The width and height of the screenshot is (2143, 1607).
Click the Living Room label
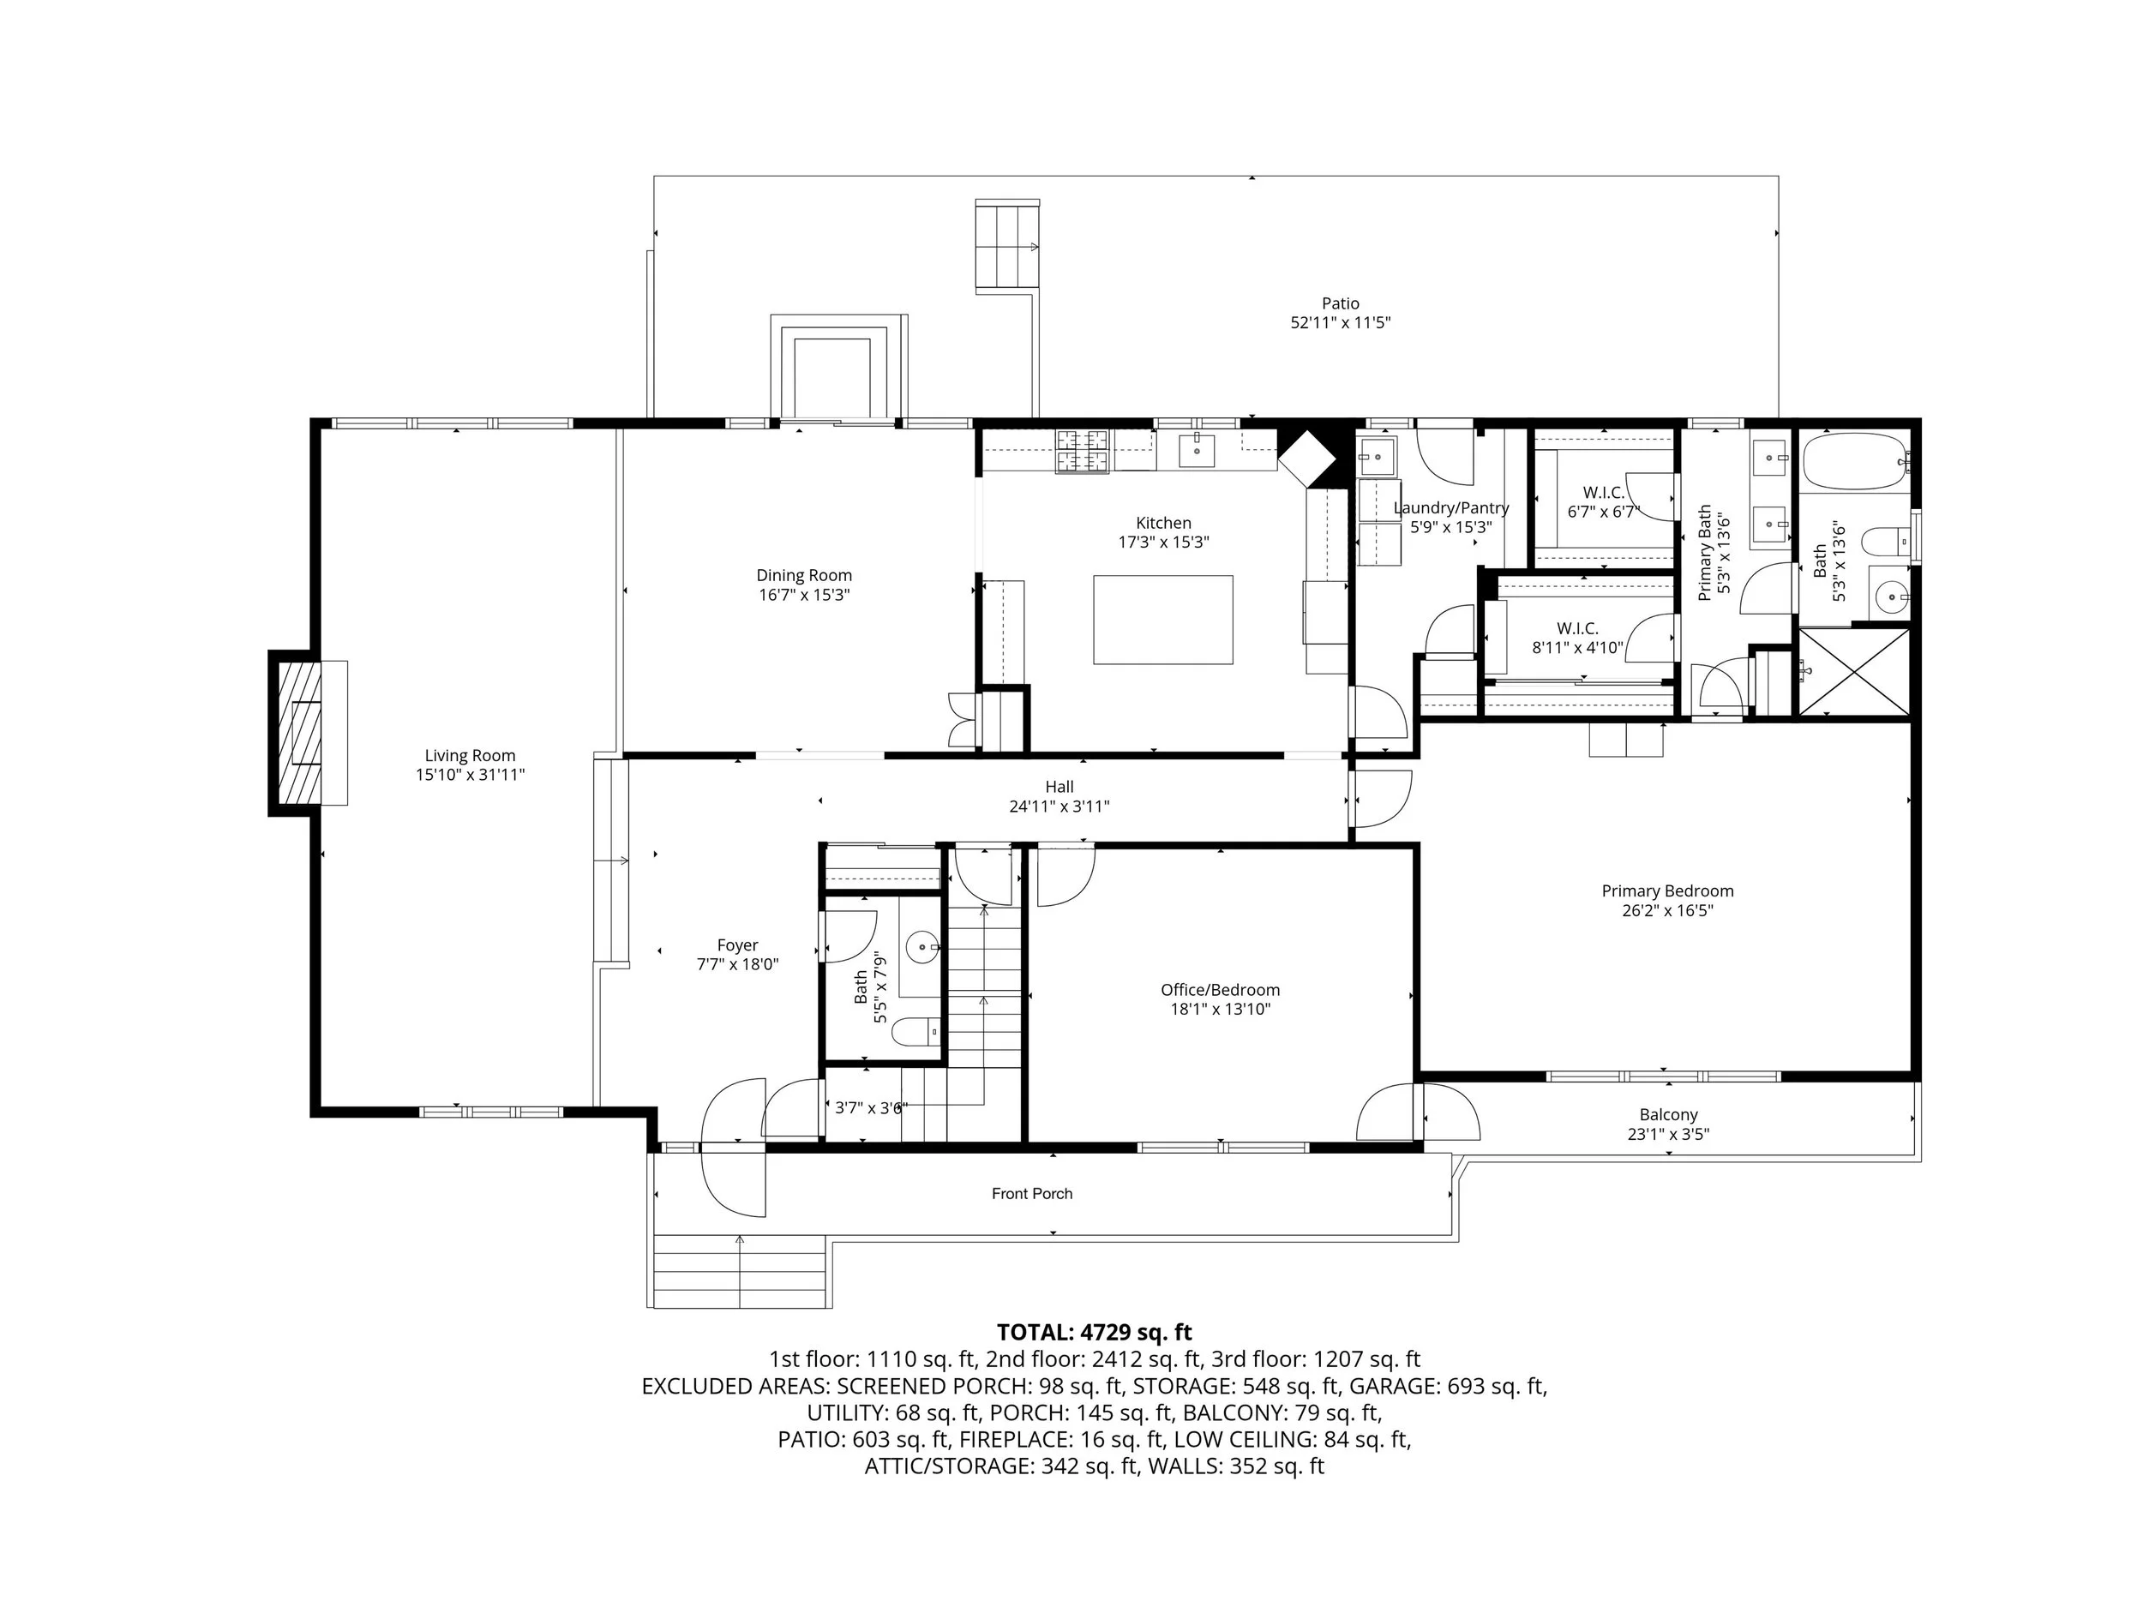point(470,756)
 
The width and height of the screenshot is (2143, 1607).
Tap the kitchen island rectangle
point(1162,620)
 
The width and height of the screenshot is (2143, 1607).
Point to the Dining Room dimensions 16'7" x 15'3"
point(804,595)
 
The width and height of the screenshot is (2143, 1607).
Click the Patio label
point(1341,303)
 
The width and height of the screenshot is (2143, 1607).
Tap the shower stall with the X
point(1854,672)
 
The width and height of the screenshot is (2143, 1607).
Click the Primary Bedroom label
point(1667,891)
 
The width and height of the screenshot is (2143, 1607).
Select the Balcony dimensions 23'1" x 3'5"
point(1668,1134)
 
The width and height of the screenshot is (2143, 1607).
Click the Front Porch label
point(1032,1193)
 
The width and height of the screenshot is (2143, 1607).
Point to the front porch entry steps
point(740,1271)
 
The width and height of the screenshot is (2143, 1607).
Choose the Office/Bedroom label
point(1221,990)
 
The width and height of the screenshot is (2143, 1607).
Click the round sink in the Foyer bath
point(922,946)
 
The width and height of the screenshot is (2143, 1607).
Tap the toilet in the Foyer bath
point(915,1033)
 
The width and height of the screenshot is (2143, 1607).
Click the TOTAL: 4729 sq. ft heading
point(1095,1333)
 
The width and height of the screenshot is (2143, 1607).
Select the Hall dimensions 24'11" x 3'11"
point(1059,806)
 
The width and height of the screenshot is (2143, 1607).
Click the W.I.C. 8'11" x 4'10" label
point(1577,639)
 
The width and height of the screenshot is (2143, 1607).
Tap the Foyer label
point(737,945)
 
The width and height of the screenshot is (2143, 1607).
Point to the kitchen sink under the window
point(1197,451)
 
